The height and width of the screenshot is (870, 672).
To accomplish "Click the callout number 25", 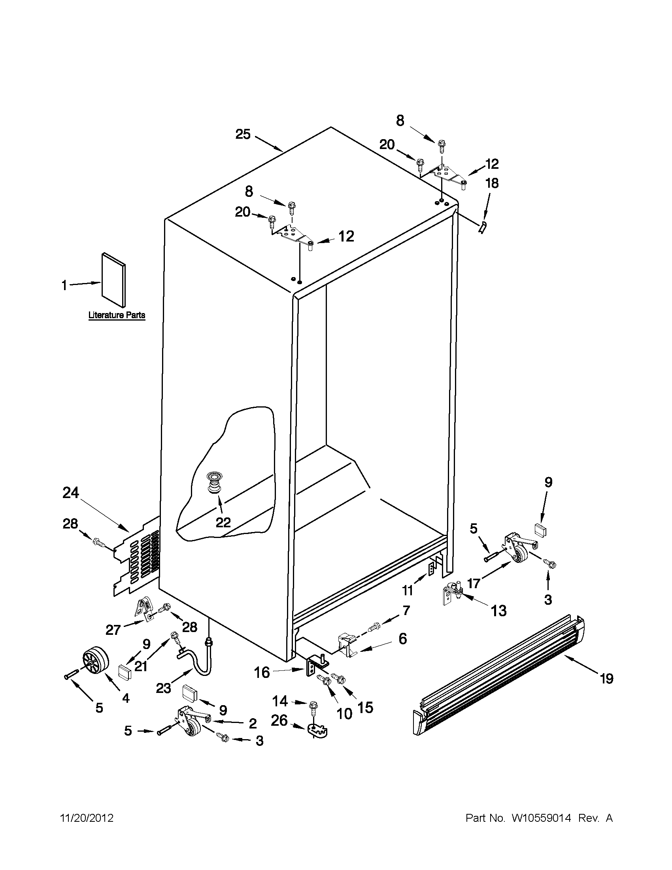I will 243,134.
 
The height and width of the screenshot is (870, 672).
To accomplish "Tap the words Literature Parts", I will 116,315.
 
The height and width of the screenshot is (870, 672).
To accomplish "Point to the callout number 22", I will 223,522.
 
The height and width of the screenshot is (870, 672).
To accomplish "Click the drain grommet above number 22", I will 215,483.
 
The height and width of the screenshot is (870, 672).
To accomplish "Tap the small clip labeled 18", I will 482,228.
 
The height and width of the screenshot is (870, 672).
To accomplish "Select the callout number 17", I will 473,583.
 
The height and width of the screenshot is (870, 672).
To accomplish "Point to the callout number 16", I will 262,672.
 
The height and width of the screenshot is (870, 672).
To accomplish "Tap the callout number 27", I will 113,630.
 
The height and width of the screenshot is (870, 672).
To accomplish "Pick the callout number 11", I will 407,590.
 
